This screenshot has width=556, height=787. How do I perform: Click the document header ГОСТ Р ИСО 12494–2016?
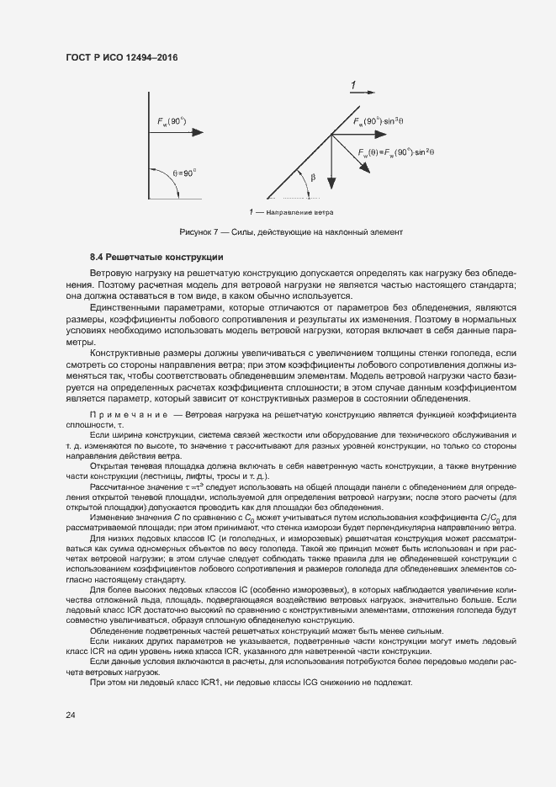click(x=122, y=57)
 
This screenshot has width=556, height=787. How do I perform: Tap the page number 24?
click(x=70, y=715)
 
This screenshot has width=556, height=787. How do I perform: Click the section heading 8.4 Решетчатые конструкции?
click(x=156, y=256)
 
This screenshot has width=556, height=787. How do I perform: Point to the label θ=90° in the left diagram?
click(x=184, y=172)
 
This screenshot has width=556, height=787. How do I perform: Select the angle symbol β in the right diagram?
click(x=312, y=178)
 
